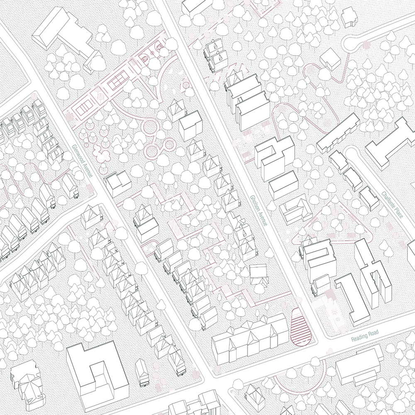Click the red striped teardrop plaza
pos(300,327)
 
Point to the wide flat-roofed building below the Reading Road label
pos(359,365)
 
